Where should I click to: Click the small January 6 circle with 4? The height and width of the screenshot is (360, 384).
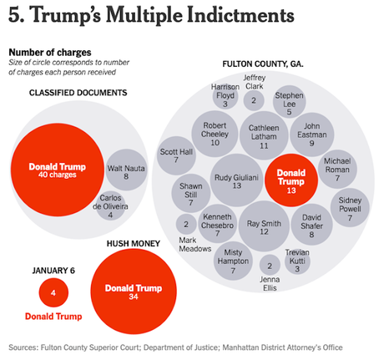tap(53, 293)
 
